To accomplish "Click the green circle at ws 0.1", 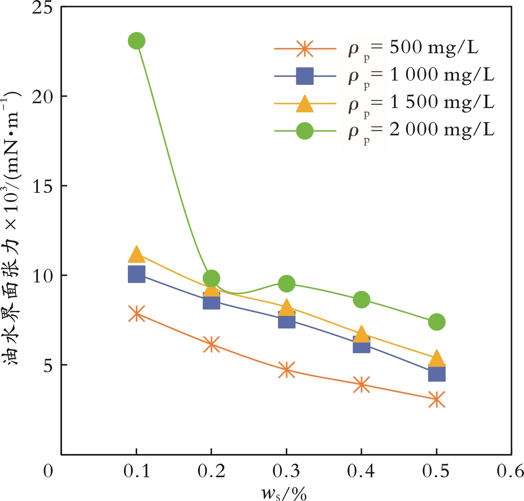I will pos(136,41).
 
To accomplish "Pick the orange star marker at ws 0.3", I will pos(286,369).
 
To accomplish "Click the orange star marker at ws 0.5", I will pos(437,399).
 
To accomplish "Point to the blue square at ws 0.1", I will pos(136,274).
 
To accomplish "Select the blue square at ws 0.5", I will pos(437,373).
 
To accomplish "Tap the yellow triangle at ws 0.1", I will pos(136,254).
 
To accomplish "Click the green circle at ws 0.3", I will pos(286,284).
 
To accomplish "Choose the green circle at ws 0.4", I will pos(361,300).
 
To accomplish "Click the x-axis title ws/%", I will pos(284,494).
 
